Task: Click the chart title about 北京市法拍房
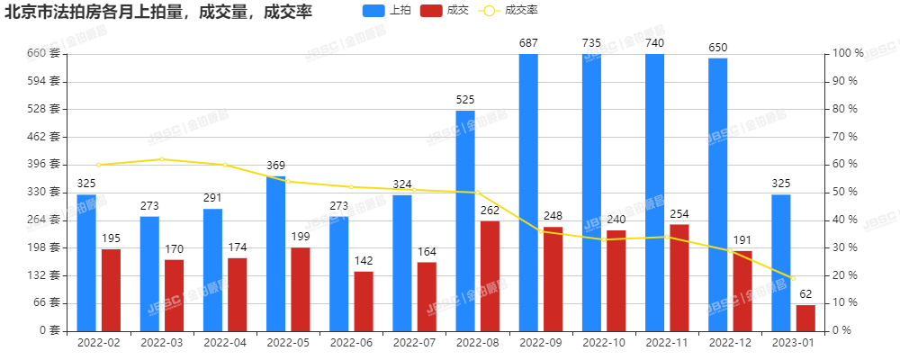click(x=152, y=13)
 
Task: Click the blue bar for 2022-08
click(x=465, y=220)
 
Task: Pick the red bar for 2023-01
click(x=805, y=318)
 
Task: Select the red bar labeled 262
click(x=490, y=275)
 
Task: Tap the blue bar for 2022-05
click(x=275, y=253)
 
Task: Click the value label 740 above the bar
click(x=655, y=42)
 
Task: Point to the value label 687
click(x=528, y=42)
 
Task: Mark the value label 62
click(x=805, y=293)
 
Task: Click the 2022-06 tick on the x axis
click(x=351, y=343)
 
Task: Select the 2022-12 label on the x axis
click(x=730, y=343)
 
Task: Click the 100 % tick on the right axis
click(x=847, y=53)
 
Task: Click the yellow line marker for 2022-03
click(x=162, y=159)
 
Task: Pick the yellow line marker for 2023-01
click(x=793, y=278)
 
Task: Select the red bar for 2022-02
click(x=111, y=289)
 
